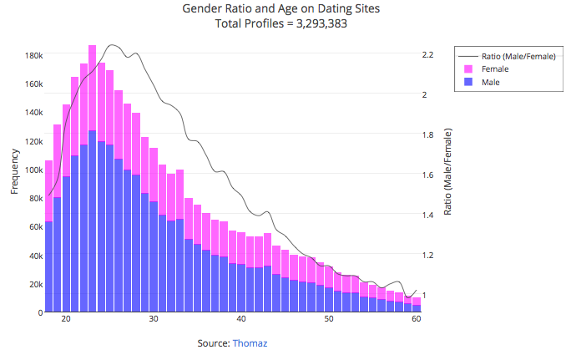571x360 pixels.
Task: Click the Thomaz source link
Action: point(250,343)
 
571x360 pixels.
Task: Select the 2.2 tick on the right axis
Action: point(427,55)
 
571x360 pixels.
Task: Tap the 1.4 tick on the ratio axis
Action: point(427,215)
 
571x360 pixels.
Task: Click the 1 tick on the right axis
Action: point(424,296)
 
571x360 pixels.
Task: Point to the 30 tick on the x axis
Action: point(154,320)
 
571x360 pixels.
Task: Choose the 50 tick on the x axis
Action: point(329,320)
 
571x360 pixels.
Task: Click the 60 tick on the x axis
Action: point(416,320)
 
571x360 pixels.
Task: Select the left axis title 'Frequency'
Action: point(14,171)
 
